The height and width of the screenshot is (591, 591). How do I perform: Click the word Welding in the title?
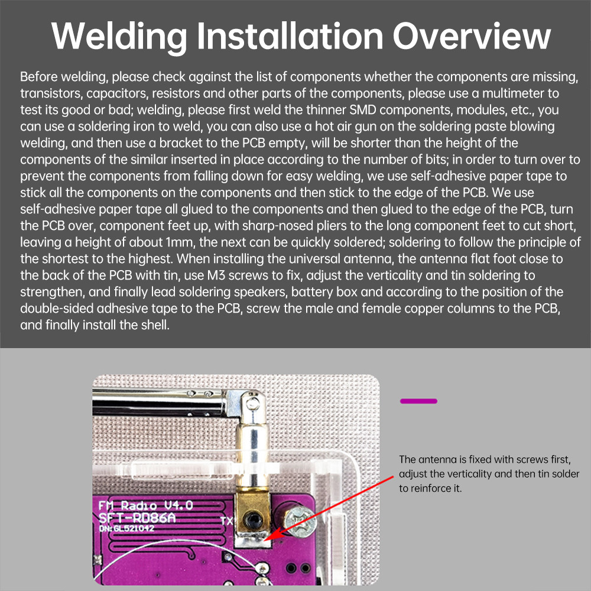pyautogui.click(x=119, y=36)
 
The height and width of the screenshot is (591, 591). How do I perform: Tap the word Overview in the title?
pyautogui.click(x=472, y=36)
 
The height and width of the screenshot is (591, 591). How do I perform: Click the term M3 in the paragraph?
pyautogui.click(x=216, y=275)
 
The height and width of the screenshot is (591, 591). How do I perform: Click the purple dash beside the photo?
pyautogui.click(x=418, y=401)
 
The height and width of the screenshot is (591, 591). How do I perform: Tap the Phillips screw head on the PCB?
pyautogui.click(x=300, y=521)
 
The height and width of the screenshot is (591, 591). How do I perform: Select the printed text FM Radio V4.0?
pyautogui.click(x=145, y=505)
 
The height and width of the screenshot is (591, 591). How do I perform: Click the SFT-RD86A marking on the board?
pyautogui.click(x=137, y=518)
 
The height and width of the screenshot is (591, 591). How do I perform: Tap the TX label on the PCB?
pyautogui.click(x=226, y=521)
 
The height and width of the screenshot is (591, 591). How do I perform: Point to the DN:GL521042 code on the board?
pyautogui.click(x=126, y=528)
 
